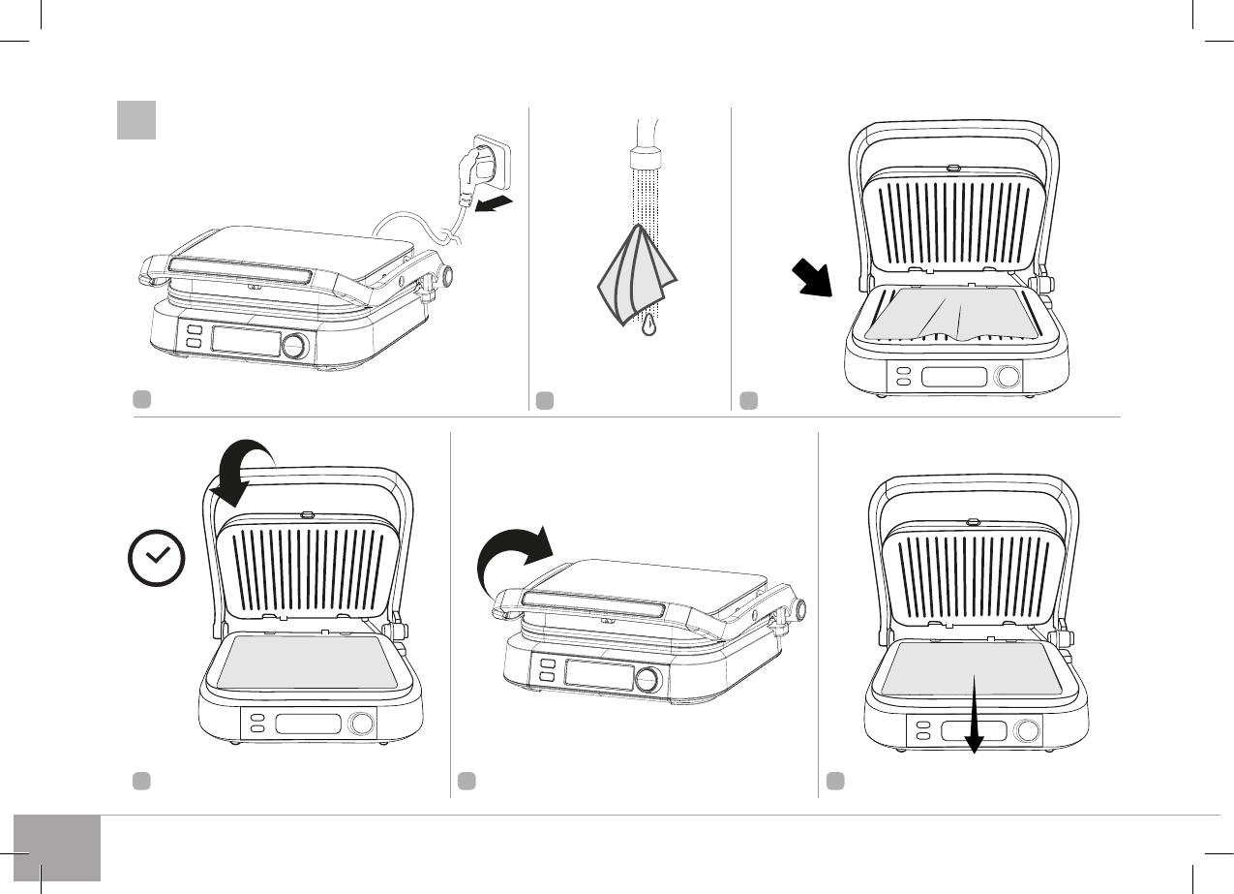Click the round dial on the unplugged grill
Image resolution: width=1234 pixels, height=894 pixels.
click(x=296, y=346)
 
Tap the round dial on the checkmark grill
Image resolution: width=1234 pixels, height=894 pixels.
click(x=362, y=724)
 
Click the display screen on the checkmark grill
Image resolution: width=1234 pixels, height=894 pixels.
click(x=308, y=724)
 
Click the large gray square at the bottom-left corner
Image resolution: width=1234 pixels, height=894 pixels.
click(x=57, y=848)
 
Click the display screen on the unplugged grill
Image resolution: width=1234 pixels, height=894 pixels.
click(x=246, y=342)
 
